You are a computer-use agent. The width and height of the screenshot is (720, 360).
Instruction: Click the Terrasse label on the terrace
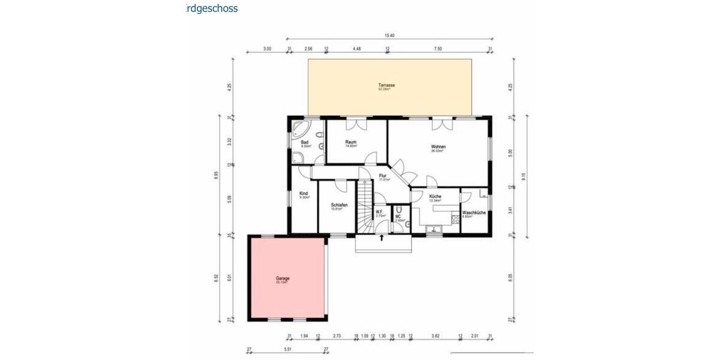tap(386, 85)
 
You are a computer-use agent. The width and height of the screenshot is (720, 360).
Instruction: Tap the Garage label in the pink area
tap(283, 278)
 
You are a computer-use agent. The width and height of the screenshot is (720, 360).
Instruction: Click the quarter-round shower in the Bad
tap(297, 158)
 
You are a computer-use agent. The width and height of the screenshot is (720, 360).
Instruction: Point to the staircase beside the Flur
tap(364, 207)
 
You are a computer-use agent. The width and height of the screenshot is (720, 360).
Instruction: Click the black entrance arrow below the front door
tap(382, 238)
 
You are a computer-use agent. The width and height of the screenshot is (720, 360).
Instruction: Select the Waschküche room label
tap(473, 212)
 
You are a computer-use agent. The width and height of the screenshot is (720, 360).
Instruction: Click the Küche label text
tap(435, 197)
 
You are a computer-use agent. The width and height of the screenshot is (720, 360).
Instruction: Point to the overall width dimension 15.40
tap(389, 37)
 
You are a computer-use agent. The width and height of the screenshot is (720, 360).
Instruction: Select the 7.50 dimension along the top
tap(439, 49)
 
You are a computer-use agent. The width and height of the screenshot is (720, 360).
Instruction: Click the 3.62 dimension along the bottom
tap(436, 337)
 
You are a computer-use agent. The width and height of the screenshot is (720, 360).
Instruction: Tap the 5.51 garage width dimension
tap(287, 349)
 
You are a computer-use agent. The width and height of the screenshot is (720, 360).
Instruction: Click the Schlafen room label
tap(339, 205)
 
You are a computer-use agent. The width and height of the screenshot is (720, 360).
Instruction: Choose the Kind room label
tap(304, 193)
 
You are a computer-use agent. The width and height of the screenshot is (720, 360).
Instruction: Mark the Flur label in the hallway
tap(382, 176)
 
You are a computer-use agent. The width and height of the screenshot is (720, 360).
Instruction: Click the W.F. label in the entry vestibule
tap(379, 211)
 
